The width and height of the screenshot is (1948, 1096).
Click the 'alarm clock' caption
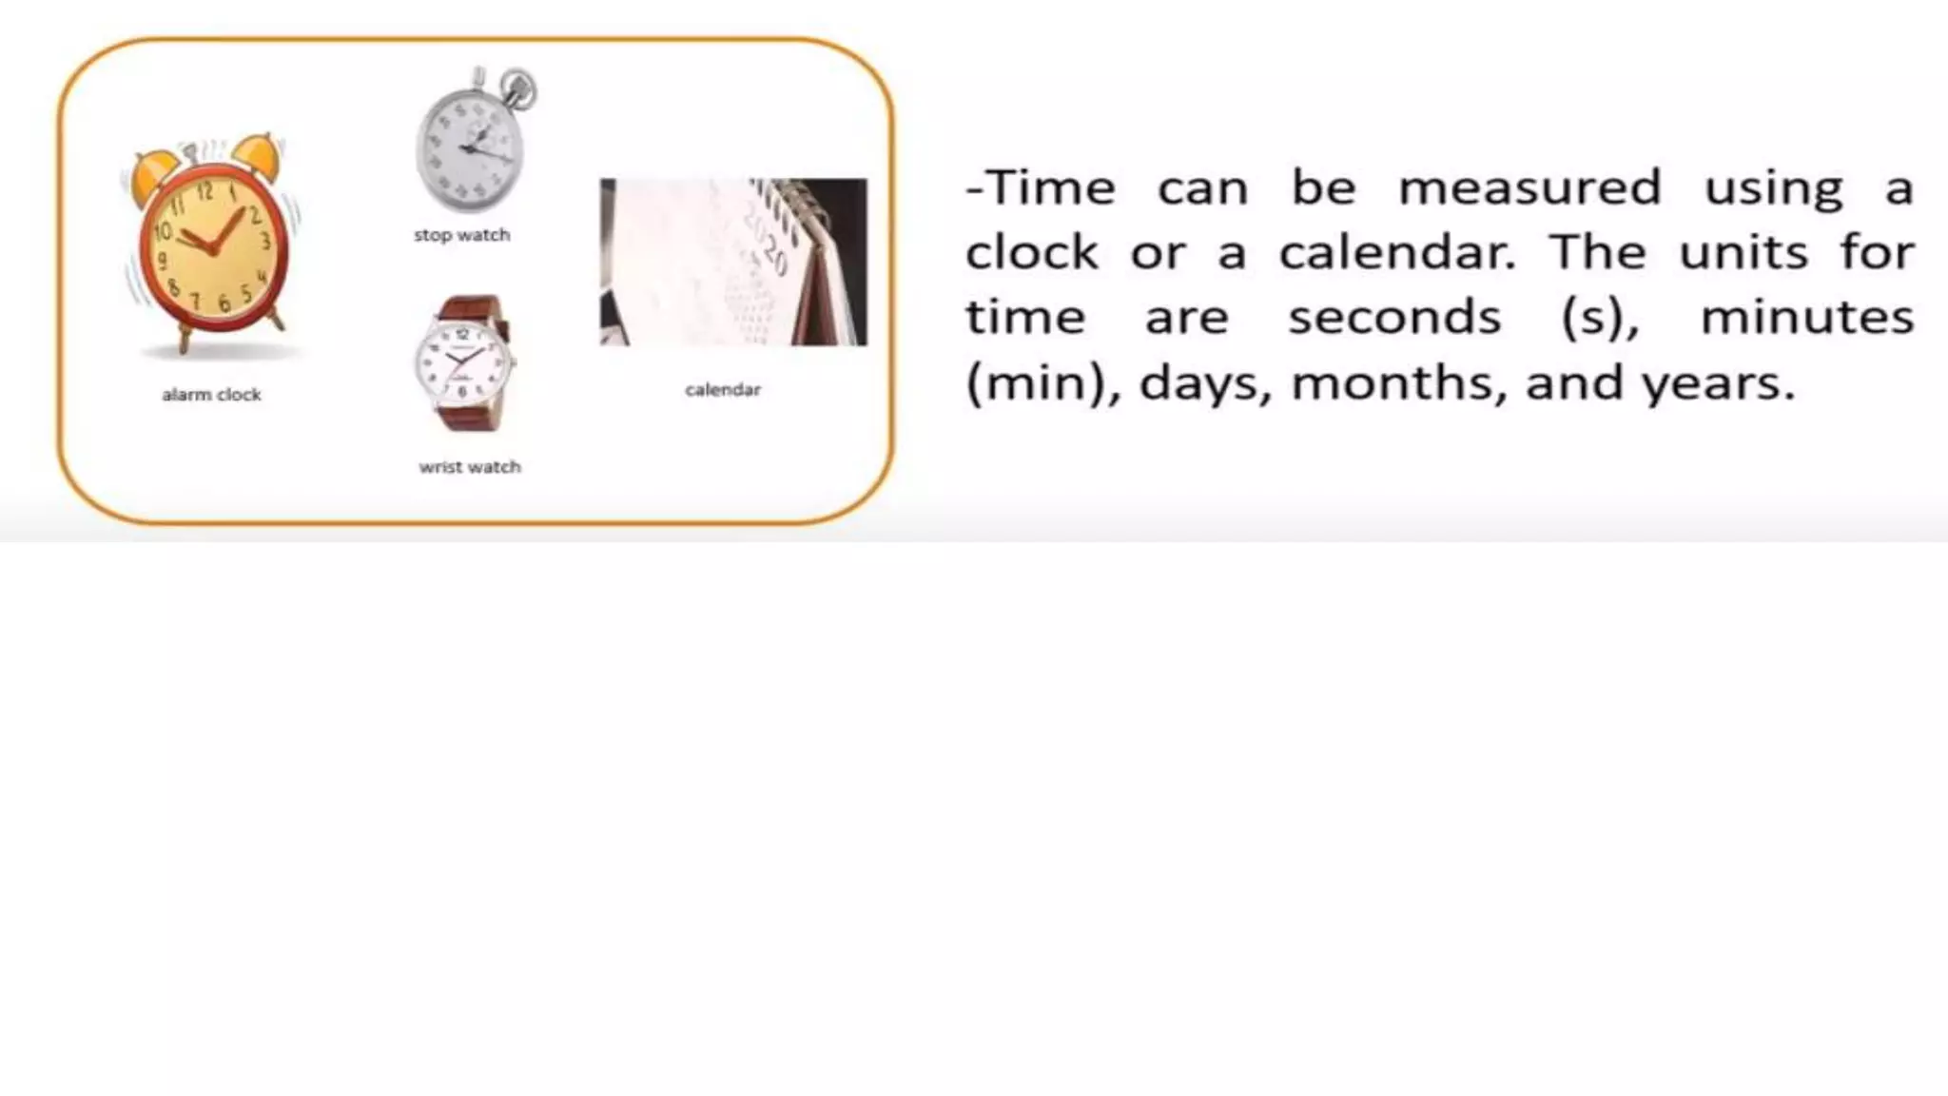tap(211, 395)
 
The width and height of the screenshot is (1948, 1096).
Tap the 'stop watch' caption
tap(461, 235)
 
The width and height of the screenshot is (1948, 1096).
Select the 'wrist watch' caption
tap(470, 467)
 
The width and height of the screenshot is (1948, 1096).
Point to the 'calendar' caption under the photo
tap(723, 389)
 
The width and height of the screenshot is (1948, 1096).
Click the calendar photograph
tap(732, 262)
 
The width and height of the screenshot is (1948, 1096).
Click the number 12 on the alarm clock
tap(205, 192)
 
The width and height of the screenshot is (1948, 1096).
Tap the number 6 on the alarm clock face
tap(224, 303)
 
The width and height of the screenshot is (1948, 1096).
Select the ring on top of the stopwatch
tap(519, 88)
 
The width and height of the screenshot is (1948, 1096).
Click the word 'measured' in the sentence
tap(1529, 187)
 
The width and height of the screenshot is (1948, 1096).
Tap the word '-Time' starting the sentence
tap(1040, 187)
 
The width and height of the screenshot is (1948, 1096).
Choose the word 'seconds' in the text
tap(1394, 318)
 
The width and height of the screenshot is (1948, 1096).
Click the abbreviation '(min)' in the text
tap(1043, 383)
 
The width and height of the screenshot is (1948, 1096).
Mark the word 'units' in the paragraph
tap(1743, 253)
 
